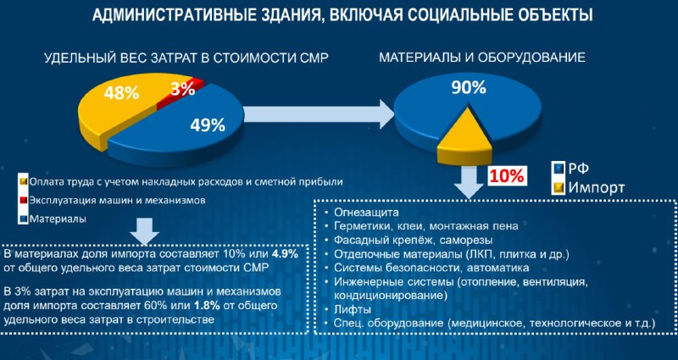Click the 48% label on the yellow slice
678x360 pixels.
coord(120,92)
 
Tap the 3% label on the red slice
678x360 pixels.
coord(182,89)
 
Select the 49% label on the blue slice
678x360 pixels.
coord(208,125)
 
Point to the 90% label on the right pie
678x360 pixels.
coord(469,88)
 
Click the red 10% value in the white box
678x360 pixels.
coord(507,176)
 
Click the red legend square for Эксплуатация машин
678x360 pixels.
coord(25,200)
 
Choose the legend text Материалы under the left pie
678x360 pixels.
coord(58,219)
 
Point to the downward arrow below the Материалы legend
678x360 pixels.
coord(144,231)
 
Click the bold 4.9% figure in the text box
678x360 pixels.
coord(284,254)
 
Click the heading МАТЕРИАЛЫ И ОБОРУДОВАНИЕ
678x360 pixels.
coord(482,58)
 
